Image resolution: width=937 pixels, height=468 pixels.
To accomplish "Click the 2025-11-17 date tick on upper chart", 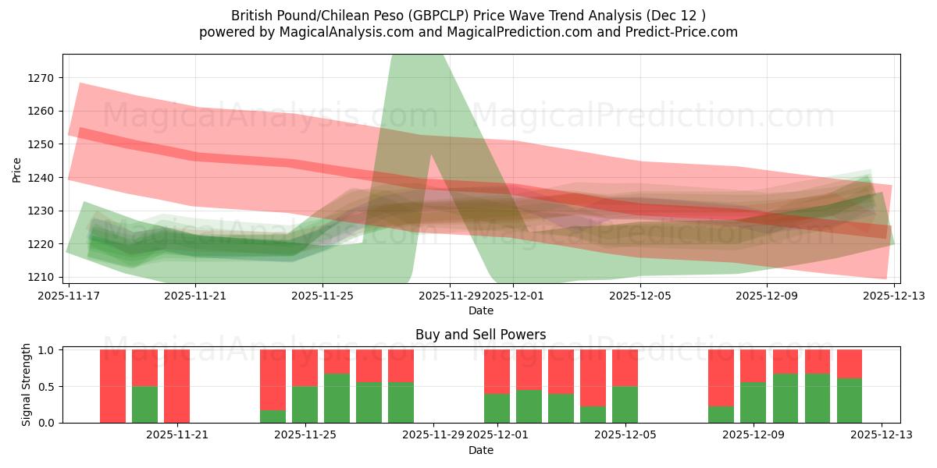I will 69,296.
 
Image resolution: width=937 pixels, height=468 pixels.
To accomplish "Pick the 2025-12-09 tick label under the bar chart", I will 754,435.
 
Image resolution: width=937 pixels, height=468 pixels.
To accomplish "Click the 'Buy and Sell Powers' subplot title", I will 480,335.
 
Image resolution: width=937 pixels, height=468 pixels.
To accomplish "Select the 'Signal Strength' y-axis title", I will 26,385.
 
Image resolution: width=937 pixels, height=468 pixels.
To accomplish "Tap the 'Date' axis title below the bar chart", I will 480,450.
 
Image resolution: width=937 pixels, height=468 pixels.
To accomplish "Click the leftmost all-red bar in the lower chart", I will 112,386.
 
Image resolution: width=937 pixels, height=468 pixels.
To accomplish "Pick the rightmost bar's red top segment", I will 850,363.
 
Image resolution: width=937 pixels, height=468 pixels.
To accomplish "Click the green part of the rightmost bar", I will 850,401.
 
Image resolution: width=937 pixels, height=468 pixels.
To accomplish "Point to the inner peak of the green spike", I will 431,156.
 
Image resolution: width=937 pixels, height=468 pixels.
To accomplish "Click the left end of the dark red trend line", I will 81,132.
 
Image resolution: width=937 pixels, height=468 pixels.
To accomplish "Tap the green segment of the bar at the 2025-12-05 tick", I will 625,404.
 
